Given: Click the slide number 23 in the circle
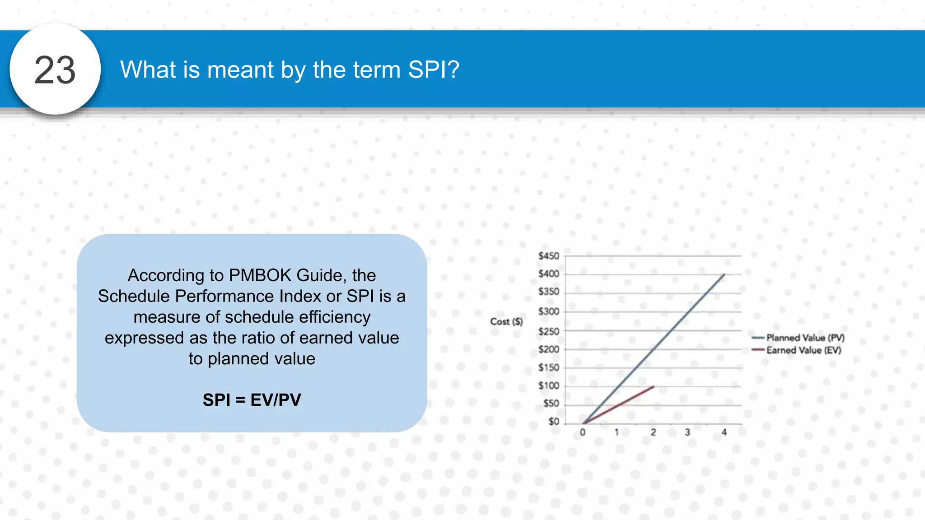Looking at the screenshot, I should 55,70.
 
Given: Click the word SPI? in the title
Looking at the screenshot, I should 434,70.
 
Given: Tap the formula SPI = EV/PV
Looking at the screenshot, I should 252,400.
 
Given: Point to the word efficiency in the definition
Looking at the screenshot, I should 334,317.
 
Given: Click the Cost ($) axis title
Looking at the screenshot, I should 506,321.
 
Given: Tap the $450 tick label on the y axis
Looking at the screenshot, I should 549,256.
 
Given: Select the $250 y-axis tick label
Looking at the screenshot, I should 549,331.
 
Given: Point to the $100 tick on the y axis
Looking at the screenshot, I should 549,385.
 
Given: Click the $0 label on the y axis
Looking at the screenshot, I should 554,421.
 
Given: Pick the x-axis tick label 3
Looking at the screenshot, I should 687,432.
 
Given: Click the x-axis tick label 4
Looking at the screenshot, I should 724,432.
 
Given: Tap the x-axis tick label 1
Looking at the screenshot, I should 617,432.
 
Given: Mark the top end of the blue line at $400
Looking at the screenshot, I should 724,274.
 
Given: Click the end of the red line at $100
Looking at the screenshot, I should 653,386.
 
